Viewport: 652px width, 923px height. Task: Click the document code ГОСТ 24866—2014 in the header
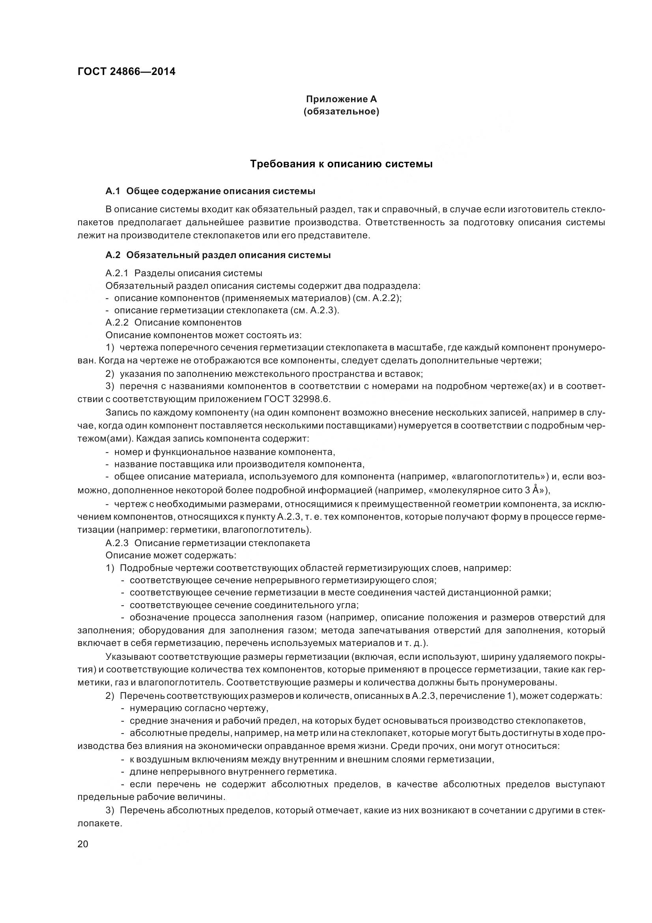[x=126, y=72]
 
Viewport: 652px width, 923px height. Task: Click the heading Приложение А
[x=341, y=99]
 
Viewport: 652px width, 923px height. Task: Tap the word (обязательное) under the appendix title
[x=341, y=111]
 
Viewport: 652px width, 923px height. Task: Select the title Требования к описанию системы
[x=341, y=164]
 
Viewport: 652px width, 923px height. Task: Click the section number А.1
[x=113, y=191]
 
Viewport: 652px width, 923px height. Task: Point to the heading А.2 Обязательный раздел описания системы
[x=218, y=255]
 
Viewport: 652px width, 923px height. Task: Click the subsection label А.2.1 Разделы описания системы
[x=183, y=273]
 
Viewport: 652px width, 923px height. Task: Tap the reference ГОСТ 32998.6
[x=298, y=399]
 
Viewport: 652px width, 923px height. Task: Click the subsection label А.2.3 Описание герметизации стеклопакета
[x=208, y=543]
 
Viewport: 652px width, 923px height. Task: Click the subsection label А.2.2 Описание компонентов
[x=173, y=322]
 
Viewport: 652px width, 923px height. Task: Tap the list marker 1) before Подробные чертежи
[x=110, y=568]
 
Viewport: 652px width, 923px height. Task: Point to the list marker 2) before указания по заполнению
[x=110, y=374]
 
